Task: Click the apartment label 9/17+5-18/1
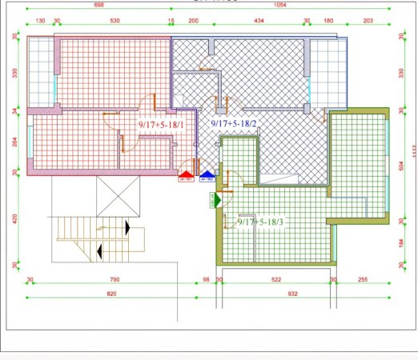click(x=162, y=125)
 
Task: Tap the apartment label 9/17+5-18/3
click(x=262, y=222)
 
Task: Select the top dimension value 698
click(x=99, y=5)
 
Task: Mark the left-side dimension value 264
click(x=15, y=143)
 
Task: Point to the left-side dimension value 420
click(x=15, y=218)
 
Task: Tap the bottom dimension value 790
click(x=115, y=279)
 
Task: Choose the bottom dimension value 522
click(x=275, y=279)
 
